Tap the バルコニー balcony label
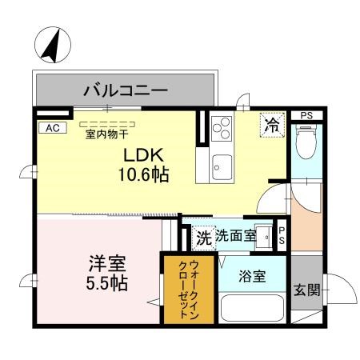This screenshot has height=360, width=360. [126, 90]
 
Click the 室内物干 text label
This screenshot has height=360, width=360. [111, 134]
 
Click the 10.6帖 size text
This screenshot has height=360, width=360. [145, 174]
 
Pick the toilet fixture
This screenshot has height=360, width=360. [305, 145]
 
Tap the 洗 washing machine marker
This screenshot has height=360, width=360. [204, 237]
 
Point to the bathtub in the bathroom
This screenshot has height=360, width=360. [253, 308]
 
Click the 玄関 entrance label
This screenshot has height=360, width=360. [304, 290]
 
